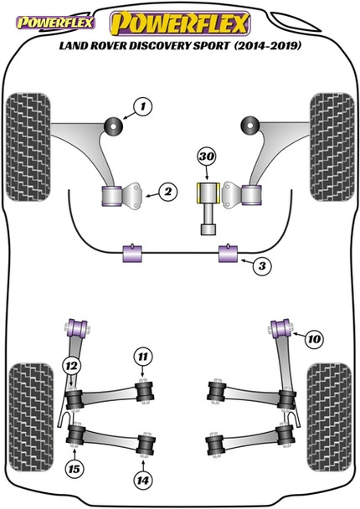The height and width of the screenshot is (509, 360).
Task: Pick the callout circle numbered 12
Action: click(74, 365)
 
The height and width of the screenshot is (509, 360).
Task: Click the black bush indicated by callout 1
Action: click(111, 126)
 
